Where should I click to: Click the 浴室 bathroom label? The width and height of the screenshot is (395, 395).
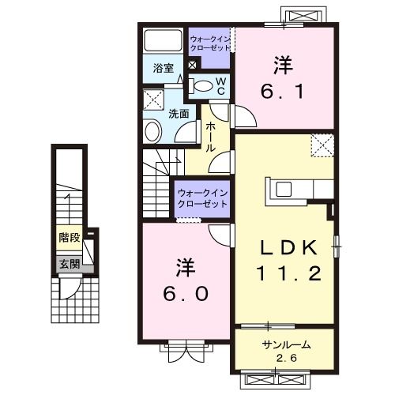pyautogui.click(x=164, y=68)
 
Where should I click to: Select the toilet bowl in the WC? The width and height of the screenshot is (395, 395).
pyautogui.click(x=203, y=86)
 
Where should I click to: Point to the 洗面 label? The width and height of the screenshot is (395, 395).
pyautogui.click(x=179, y=114)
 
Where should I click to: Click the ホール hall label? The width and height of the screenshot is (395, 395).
pyautogui.click(x=211, y=137)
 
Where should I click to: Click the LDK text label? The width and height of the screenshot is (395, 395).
pyautogui.click(x=288, y=249)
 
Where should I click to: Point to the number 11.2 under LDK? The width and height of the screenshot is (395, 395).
pyautogui.click(x=288, y=274)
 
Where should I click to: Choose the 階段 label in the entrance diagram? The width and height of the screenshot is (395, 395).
pyautogui.click(x=69, y=237)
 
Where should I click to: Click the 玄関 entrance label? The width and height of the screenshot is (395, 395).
pyautogui.click(x=68, y=263)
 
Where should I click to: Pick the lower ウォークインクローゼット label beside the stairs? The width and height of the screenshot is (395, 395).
pyautogui.click(x=201, y=197)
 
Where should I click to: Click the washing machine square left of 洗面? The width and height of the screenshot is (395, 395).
pyautogui.click(x=153, y=100)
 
